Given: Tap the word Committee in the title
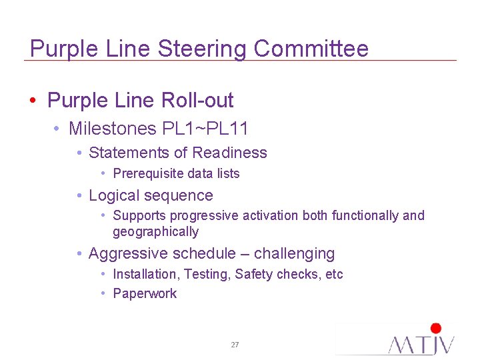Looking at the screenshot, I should coord(311,49).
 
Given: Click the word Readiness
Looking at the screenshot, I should coord(229,153).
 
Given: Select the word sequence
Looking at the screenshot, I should coord(179,196).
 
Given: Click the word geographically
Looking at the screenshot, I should coord(155,232).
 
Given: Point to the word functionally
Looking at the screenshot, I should coord(365,215).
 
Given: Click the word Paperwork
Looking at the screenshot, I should coord(145,294).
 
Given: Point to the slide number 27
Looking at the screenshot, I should coord(235,345).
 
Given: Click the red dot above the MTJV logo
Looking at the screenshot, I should coord(436,328).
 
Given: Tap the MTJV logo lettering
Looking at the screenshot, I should coord(421,345).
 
